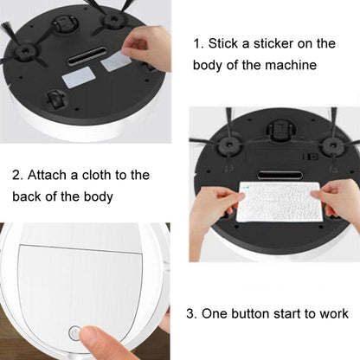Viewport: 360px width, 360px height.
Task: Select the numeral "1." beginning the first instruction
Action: (196, 43)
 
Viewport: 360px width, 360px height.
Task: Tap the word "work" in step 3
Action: (331, 313)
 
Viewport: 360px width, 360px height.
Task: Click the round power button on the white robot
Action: (74, 331)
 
